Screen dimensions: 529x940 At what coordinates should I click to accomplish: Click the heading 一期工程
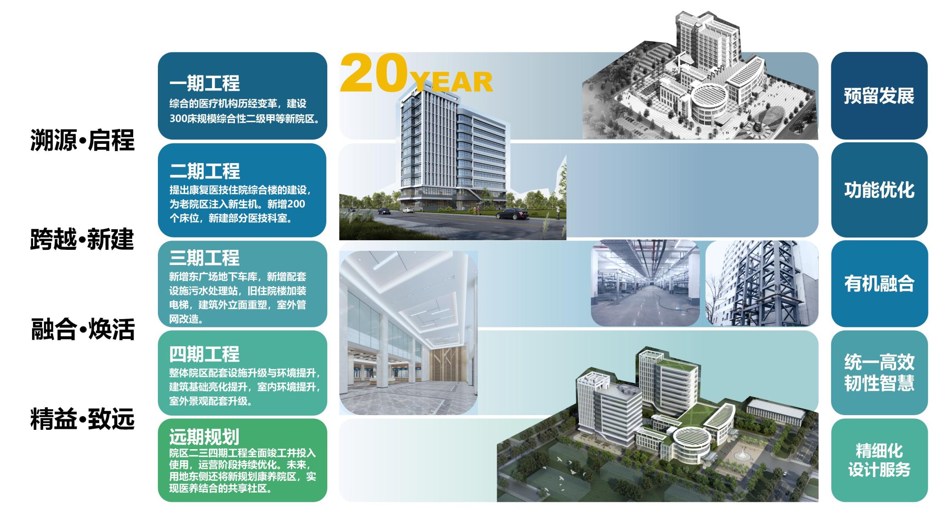tap(205, 84)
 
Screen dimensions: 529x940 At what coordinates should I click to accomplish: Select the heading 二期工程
tap(205, 171)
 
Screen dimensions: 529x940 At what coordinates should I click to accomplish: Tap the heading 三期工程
tap(204, 258)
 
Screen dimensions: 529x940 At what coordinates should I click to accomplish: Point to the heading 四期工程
tap(204, 355)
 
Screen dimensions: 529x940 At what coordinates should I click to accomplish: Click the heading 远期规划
tap(204, 437)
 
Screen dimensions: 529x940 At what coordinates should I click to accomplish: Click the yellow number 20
tap(374, 73)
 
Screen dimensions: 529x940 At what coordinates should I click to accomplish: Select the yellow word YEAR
tap(452, 83)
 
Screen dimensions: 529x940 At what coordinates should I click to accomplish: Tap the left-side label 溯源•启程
tap(83, 140)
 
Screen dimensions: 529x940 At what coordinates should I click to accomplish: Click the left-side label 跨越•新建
tap(83, 239)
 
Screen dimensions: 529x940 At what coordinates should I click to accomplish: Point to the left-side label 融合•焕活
tap(83, 329)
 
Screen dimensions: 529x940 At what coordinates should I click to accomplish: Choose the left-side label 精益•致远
tap(83, 419)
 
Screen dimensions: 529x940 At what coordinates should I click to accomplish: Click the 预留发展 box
tap(879, 96)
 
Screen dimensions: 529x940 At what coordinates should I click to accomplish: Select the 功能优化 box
tap(879, 190)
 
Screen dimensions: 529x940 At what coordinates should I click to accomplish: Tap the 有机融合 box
tap(879, 283)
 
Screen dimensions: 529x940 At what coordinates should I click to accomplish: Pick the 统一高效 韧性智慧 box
tap(879, 372)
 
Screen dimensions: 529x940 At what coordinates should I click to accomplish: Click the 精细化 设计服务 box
tap(879, 460)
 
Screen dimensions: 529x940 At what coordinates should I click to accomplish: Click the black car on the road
tap(512, 214)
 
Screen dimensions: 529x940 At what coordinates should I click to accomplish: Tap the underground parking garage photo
tap(645, 283)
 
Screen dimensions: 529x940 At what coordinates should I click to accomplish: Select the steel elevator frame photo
tap(762, 283)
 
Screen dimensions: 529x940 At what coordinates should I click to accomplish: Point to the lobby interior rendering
tap(408, 333)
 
